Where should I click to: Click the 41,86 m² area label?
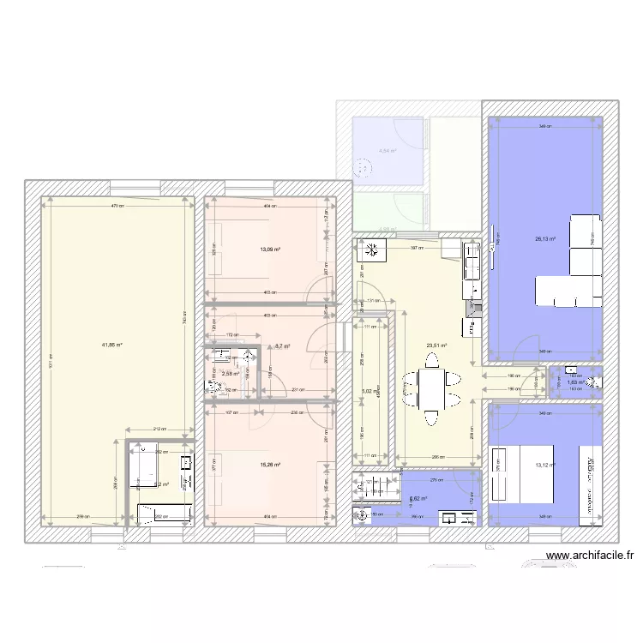111,345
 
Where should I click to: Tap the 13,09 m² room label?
271,250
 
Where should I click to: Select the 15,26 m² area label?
271,466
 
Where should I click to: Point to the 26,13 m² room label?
545,240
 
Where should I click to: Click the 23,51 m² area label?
437,347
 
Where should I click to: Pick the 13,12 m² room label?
545,466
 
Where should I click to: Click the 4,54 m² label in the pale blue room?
388,152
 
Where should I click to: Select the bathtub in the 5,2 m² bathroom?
165,514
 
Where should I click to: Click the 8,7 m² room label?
281,346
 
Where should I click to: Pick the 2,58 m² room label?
230,373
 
